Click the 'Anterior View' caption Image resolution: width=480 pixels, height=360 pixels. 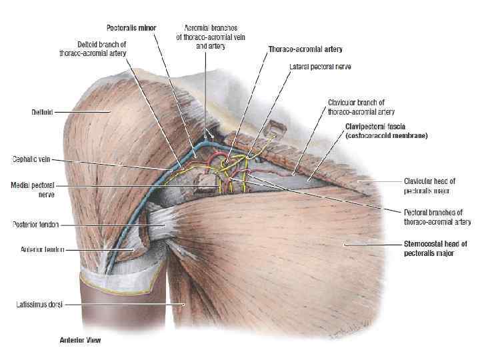tap(79, 341)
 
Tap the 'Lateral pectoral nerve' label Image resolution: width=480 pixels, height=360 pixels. tap(321, 67)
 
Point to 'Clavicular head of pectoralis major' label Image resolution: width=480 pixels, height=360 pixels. tap(427, 185)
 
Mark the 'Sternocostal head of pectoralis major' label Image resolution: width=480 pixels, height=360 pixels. tap(435, 249)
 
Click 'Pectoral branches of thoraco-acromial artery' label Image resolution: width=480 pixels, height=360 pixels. tap(437, 217)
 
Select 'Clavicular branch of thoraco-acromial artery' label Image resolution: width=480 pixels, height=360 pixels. tap(357, 106)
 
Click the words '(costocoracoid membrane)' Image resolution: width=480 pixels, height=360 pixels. tap(387, 135)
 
